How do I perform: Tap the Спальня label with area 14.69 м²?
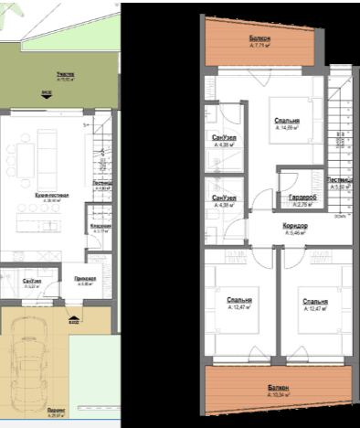(x=288, y=124)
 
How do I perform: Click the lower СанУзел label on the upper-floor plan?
(x=225, y=201)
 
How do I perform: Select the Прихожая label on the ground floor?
(x=86, y=282)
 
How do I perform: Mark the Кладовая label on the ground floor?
(x=101, y=228)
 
